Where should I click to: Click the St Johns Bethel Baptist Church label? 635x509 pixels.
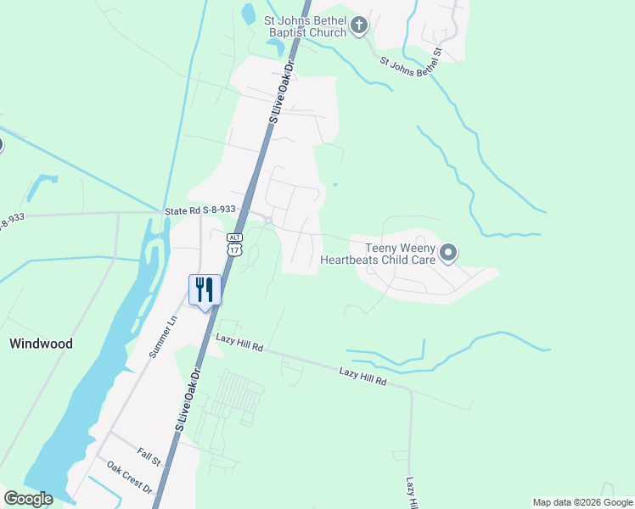coord(306,26)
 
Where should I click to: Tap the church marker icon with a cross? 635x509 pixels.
coord(358,25)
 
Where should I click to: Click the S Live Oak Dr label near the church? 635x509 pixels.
coord(282,91)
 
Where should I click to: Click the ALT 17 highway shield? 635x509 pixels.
coord(234,244)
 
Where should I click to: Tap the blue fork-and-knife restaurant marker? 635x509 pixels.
coord(205,290)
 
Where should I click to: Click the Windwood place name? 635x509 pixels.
coord(41,344)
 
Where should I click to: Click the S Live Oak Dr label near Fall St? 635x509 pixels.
coord(190,399)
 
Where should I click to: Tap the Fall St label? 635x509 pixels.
coord(149,459)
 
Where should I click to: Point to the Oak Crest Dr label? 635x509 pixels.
coord(129,478)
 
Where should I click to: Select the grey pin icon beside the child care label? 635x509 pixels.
coord(449,253)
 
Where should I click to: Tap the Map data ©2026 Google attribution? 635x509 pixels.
coord(582,502)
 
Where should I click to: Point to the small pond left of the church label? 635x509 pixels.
coord(248,14)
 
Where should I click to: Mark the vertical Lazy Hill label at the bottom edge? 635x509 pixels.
coord(411,493)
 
